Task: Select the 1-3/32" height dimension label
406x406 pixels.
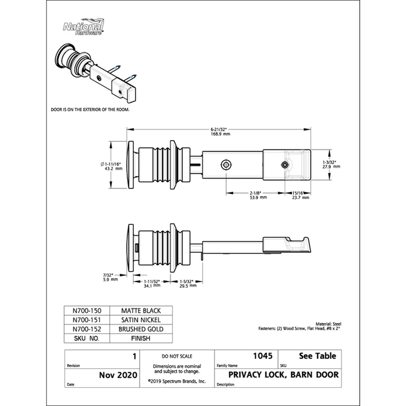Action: point(331,165)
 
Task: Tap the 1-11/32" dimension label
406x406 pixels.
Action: point(152,283)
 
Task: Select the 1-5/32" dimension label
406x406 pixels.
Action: point(188,283)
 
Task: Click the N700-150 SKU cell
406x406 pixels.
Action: point(87,311)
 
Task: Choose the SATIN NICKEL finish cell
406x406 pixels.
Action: point(141,320)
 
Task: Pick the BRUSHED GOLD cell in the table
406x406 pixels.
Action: point(141,329)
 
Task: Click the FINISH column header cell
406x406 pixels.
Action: point(141,338)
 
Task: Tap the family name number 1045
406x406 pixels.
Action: point(263,356)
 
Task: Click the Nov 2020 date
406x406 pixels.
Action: point(118,375)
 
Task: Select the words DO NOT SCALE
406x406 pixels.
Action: point(177,356)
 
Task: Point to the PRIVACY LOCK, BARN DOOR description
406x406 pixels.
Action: point(283,375)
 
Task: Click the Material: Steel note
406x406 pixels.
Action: point(328,324)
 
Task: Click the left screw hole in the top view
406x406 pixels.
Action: point(226,164)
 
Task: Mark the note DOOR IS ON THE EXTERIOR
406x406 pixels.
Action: point(90,110)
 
